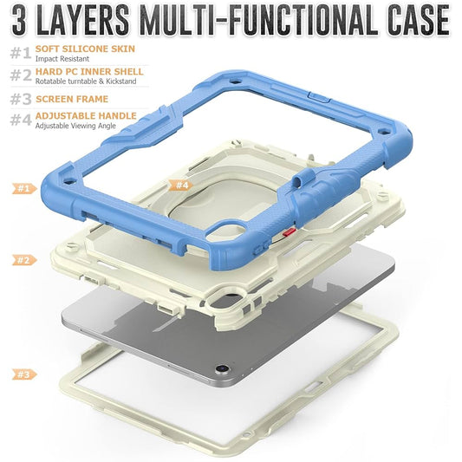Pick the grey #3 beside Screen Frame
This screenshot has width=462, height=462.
click(21, 99)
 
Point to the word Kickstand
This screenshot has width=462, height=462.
click(114, 81)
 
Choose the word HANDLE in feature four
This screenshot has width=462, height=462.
click(117, 115)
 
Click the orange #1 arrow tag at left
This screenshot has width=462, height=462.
click(23, 187)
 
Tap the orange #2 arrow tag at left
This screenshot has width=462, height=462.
click(23, 259)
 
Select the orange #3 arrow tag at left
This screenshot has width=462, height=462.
click(23, 374)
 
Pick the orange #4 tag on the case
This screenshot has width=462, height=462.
click(181, 185)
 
